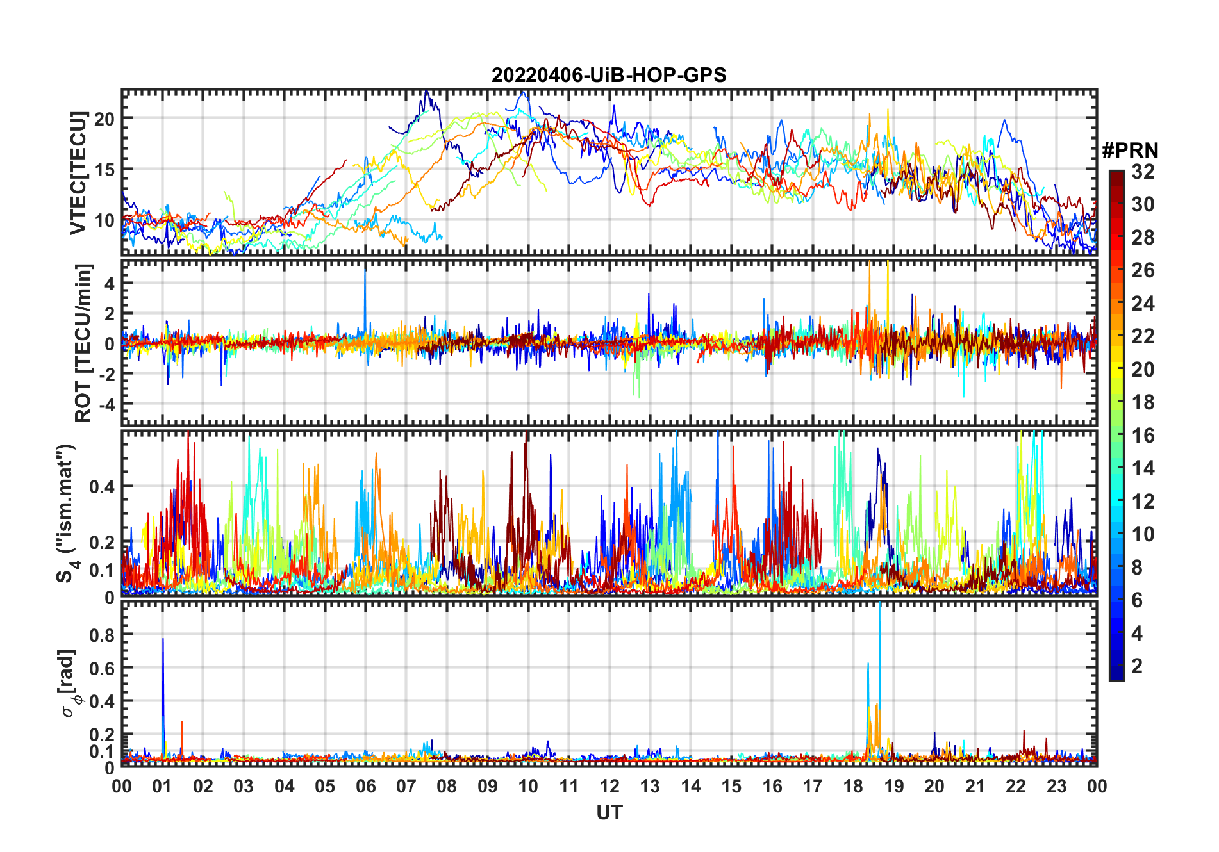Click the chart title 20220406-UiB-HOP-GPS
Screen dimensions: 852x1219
pos(609,76)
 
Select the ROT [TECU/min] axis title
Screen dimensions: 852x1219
pos(83,343)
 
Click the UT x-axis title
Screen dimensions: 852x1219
pos(609,813)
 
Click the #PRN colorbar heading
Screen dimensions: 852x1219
pos(1130,151)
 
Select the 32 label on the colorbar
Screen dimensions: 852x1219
pos(1143,172)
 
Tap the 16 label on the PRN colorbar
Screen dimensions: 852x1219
pos(1143,436)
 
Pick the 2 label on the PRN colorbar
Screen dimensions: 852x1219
pos(1137,666)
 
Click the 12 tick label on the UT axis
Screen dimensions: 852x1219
pos(609,787)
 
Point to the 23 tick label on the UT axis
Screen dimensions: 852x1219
pos(1056,787)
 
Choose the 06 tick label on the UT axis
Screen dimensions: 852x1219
pos(365,787)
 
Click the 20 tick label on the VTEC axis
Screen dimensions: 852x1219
pos(104,119)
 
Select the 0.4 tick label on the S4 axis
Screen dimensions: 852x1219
pos(102,486)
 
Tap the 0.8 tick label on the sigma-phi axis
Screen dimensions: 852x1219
pos(102,635)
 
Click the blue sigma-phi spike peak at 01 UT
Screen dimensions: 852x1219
pos(163,639)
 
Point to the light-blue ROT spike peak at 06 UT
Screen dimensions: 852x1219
pos(365,272)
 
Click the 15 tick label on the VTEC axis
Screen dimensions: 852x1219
pos(104,170)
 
